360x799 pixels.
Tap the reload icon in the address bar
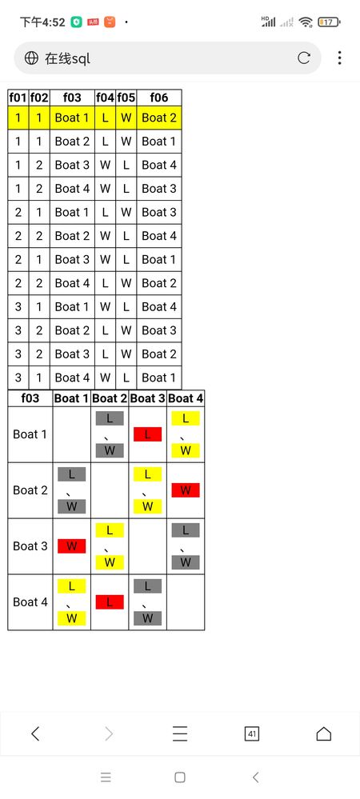click(304, 58)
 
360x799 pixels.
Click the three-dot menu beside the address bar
click(339, 58)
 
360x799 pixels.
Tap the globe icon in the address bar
click(32, 58)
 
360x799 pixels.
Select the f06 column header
click(159, 98)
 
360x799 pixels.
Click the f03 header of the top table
click(72, 98)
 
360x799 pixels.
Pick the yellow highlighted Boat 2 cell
click(159, 118)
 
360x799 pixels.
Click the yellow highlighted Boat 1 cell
click(72, 118)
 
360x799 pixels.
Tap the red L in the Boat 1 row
click(147, 434)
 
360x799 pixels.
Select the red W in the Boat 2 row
click(186, 490)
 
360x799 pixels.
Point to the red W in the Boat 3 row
click(71, 546)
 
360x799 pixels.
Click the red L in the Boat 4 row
click(110, 601)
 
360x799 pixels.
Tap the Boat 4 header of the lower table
click(186, 398)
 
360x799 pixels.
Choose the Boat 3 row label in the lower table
click(30, 546)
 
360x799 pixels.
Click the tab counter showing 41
click(252, 733)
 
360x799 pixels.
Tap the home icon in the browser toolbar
click(324, 733)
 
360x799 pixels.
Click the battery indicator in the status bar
click(329, 22)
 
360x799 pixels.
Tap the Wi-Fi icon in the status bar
click(306, 22)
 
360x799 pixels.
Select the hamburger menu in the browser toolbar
click(179, 733)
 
